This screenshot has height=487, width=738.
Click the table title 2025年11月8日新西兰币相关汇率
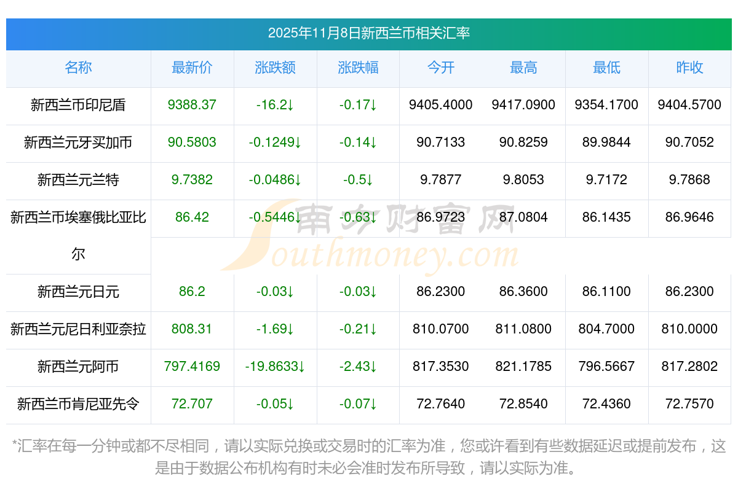coord(368,33)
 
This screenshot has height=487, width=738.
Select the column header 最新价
coord(192,68)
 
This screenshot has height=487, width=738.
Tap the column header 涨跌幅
coord(358,68)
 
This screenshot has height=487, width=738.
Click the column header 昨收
coord(689,68)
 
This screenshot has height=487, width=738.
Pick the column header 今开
coord(440,68)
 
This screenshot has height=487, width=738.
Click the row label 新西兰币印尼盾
coord(78,105)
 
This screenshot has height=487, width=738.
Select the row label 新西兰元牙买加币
coord(78,142)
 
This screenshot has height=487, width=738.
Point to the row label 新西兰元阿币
coord(78,367)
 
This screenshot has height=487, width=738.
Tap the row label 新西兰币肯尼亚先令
coord(78,404)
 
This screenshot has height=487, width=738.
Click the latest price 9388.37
coord(192,105)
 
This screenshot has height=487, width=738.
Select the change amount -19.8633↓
coord(275,367)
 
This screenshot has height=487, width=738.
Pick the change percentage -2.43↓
coord(358,367)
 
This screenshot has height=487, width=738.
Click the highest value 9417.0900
coord(523,105)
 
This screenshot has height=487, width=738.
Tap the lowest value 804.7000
coord(606,329)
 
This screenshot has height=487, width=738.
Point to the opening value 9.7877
coord(440,180)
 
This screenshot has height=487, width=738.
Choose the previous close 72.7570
coord(689,404)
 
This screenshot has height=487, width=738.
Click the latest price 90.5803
coord(192,142)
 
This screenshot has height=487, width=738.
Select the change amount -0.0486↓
coord(275,180)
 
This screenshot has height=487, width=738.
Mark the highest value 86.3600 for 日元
coord(523,292)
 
